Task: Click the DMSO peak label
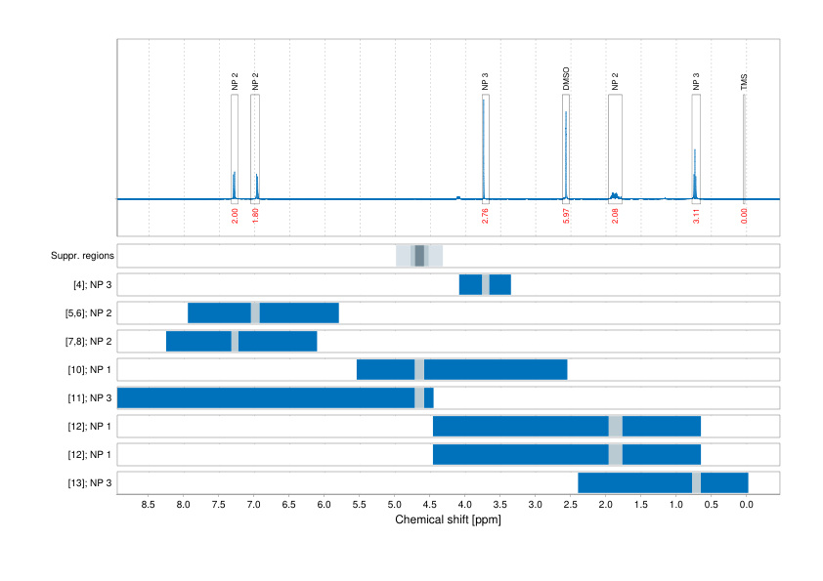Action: [566, 79]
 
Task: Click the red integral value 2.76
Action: [485, 215]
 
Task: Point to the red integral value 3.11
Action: [696, 215]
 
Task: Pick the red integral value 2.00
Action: [235, 215]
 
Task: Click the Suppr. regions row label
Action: [82, 256]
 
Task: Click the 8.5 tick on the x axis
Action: [149, 505]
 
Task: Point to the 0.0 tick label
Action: [746, 505]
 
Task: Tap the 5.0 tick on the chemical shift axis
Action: [394, 505]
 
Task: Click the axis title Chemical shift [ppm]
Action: [448, 520]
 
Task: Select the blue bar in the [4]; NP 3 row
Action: [470, 284]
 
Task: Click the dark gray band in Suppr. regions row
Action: [419, 256]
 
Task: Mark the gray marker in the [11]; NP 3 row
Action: [419, 397]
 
